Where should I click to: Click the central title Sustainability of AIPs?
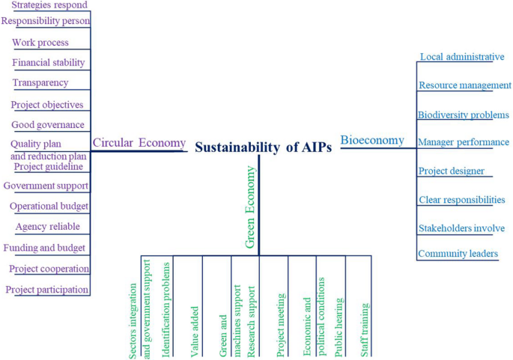(x=263, y=147)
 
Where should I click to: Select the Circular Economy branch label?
(x=139, y=143)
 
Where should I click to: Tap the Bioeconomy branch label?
(x=372, y=140)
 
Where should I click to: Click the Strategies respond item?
(x=49, y=5)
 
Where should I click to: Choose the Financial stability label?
(x=49, y=63)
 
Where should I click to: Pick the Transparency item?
(x=40, y=83)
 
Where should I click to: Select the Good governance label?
(x=48, y=125)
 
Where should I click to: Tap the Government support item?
(x=46, y=186)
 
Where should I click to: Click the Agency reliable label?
(x=47, y=227)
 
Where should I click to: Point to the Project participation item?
(x=47, y=290)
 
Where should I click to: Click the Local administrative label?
(x=462, y=57)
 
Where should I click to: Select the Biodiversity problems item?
(x=464, y=115)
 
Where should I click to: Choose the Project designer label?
(x=451, y=171)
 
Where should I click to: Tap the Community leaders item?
(x=458, y=254)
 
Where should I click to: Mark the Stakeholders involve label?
(x=461, y=228)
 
